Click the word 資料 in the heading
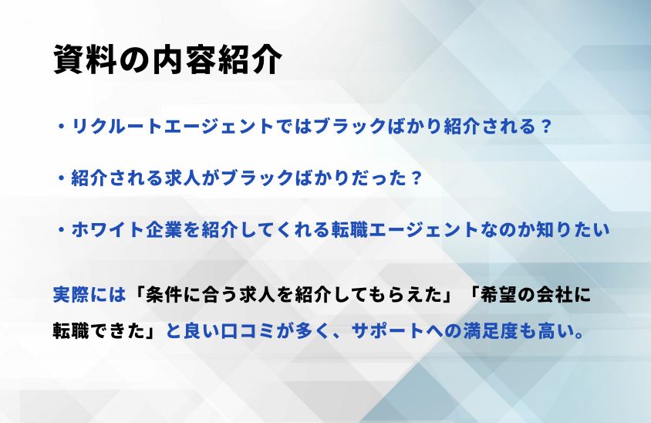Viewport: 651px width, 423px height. [x=85, y=60]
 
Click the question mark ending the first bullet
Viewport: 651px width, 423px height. [x=546, y=127]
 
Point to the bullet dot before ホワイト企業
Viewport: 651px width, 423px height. [x=62, y=230]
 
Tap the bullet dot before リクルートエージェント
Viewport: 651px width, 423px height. [x=62, y=127]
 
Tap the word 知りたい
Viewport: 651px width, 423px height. [x=573, y=230]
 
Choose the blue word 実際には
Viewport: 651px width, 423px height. [x=89, y=295]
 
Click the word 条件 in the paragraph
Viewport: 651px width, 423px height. [x=164, y=295]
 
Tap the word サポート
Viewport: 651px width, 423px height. [x=388, y=331]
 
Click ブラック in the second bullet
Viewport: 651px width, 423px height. [x=258, y=178]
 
